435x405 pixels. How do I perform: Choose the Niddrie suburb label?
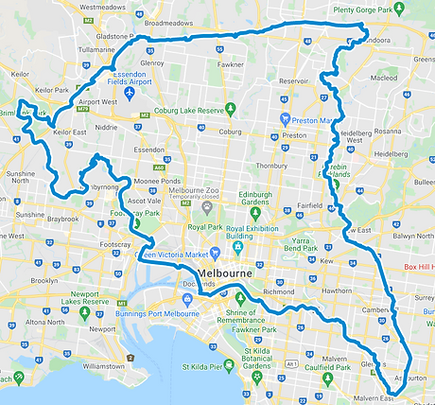(106, 126)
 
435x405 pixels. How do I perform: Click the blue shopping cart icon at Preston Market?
(286, 119)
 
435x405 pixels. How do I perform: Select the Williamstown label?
(103, 364)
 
